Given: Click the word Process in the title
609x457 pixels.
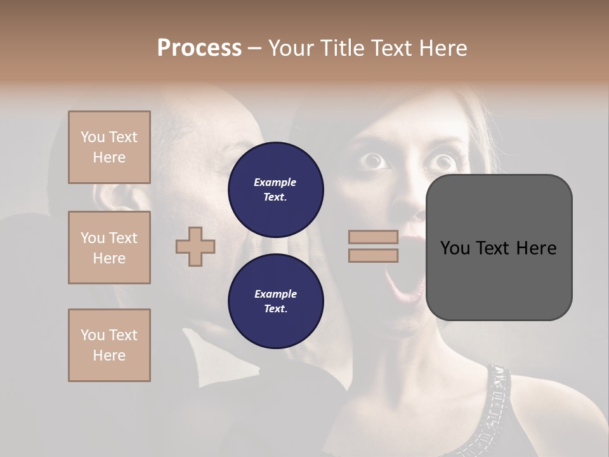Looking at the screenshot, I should [x=199, y=48].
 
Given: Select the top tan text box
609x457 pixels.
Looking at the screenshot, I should [x=109, y=147].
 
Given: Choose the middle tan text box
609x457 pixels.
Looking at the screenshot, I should [x=109, y=248].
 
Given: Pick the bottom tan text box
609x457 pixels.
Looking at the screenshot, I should [x=109, y=345].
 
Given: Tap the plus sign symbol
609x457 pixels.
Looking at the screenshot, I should [x=195, y=246].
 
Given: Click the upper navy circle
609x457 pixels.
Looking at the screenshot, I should [x=275, y=189].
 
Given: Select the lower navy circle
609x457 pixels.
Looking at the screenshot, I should [x=275, y=301].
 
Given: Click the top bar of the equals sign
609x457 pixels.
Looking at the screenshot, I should [x=373, y=237].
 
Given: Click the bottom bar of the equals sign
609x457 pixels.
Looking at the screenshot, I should [x=373, y=255].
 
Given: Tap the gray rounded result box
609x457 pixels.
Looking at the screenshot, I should [x=499, y=248].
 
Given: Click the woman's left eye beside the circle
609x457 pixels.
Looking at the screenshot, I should [x=374, y=161].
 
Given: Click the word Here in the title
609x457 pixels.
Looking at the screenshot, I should [x=443, y=48].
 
